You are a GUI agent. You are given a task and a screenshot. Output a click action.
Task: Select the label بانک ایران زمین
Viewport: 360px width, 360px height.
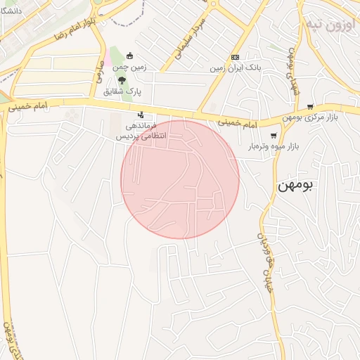(x=235, y=69)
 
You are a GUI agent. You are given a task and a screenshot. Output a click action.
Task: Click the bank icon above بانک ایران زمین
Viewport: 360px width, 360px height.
(x=235, y=58)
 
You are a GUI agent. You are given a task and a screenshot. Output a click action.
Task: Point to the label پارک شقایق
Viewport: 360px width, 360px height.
(x=123, y=91)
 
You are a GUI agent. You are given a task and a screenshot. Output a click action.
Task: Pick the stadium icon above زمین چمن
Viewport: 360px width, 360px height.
(x=129, y=56)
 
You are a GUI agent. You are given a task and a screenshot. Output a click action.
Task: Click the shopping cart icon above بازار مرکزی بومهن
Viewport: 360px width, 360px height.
(x=330, y=107)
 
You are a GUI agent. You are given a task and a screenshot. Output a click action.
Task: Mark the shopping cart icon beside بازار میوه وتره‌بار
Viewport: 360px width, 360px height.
(x=274, y=136)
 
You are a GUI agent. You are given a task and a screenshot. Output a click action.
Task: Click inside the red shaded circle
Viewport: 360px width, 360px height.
(x=180, y=179)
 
